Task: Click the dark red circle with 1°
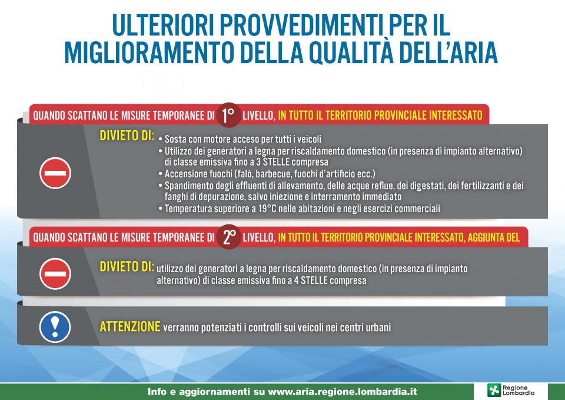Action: pyautogui.click(x=228, y=115)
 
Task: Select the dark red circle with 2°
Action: pyautogui.click(x=228, y=237)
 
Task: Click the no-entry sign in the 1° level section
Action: pyautogui.click(x=55, y=173)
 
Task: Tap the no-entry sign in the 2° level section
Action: pyautogui.click(x=55, y=274)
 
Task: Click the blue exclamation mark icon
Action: pyautogui.click(x=55, y=327)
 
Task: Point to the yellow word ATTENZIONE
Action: pyautogui.click(x=130, y=326)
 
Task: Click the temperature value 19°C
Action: pyautogui.click(x=267, y=209)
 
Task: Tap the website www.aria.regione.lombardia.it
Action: pyautogui.click(x=343, y=392)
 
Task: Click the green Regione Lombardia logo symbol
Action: pyautogui.click(x=494, y=390)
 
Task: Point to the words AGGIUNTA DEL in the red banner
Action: pyautogui.click(x=494, y=237)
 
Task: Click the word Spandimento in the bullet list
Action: pyautogui.click(x=185, y=186)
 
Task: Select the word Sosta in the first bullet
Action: pyautogui.click(x=175, y=139)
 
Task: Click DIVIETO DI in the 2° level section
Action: pyautogui.click(x=127, y=266)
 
